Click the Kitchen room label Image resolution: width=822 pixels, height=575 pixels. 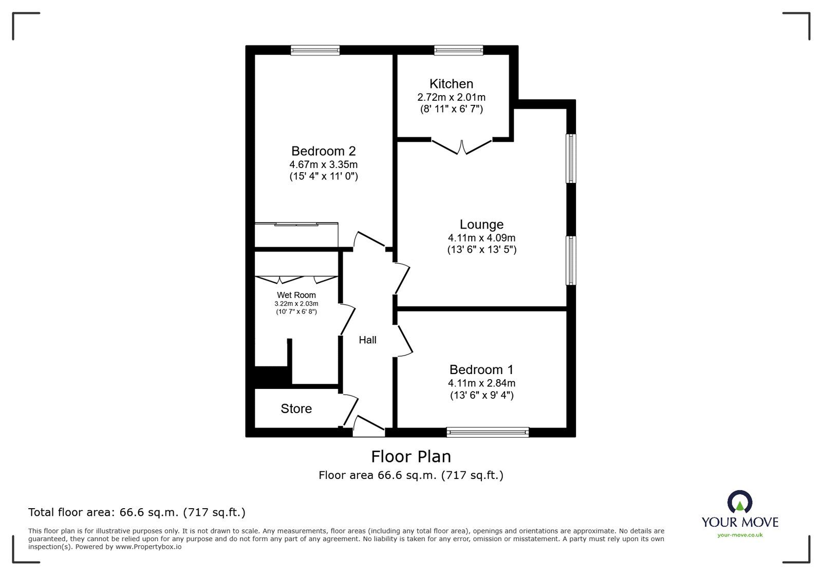tap(451, 84)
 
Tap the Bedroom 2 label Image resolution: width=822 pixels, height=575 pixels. tap(323, 151)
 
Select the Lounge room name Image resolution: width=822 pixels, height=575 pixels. tap(481, 224)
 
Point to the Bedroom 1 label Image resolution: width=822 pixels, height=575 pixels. tap(481, 369)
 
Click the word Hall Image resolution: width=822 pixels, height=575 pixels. tap(367, 340)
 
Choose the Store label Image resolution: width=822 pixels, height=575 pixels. tap(296, 409)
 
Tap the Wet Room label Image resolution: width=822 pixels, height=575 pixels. tap(296, 295)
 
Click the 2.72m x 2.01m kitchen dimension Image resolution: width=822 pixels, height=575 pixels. tap(451, 98)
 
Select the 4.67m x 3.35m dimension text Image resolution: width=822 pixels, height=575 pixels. tap(323, 164)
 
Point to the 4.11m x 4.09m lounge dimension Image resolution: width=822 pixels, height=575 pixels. tap(481, 238)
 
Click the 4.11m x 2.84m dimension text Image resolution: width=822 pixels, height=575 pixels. tap(481, 383)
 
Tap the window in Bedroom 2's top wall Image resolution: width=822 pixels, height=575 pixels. tap(315, 50)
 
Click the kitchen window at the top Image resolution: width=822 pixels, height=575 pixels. tap(459, 50)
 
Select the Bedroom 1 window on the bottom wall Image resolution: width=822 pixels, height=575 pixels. tap(488, 433)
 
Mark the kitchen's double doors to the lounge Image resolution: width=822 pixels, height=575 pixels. tap(462, 147)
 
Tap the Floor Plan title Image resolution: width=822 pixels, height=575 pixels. tap(410, 457)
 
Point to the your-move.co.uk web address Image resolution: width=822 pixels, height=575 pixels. tap(740, 535)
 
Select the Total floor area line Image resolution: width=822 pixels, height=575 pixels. tap(137, 512)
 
